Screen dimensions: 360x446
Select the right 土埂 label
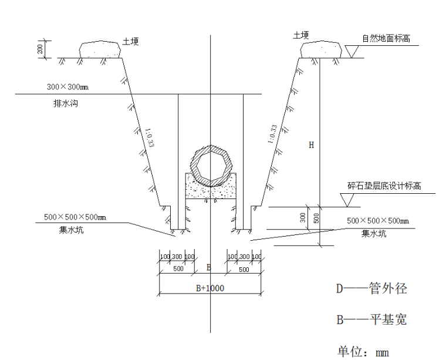pos(301,35)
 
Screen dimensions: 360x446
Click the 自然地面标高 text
pos(386,39)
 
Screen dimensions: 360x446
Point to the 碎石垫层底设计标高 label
pos(384,186)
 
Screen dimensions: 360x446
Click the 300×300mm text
pos(67,87)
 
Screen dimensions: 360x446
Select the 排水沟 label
pos(61,104)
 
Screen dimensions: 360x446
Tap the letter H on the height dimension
pos(312,144)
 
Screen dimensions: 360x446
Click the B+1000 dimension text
pos(210,288)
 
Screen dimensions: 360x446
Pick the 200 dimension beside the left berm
pos(40,49)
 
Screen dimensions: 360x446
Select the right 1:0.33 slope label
pos(272,134)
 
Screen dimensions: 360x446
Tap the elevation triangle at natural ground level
pos(352,52)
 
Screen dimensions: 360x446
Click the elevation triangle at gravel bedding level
pos(350,200)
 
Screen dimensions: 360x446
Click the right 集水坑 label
pos(374,233)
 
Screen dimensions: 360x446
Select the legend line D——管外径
pos(371,289)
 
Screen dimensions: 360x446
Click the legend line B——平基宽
pos(371,320)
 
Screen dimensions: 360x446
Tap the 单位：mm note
pos(363,352)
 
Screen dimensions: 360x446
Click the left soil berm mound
pos(101,49)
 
